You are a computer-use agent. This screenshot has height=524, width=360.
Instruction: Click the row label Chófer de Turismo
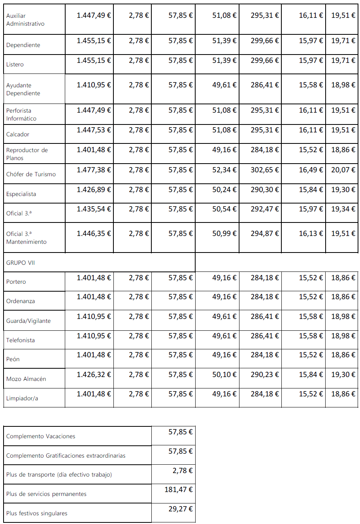[31, 174]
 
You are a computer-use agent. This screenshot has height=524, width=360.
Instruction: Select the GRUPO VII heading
[21, 263]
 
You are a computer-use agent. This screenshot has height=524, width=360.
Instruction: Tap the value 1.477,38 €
[94, 170]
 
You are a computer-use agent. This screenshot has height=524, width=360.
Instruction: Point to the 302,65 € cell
[264, 170]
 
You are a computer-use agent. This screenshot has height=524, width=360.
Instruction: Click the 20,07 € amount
[343, 170]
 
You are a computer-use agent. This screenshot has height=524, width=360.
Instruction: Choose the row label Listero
[15, 64]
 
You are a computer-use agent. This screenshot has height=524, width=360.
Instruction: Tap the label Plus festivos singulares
[37, 513]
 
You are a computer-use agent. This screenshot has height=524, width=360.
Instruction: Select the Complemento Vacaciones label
[41, 436]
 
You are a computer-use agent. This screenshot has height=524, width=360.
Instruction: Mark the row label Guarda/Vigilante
[28, 321]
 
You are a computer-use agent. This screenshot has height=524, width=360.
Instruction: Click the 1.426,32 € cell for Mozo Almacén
[94, 375]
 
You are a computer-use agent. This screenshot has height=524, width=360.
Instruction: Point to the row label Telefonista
[21, 340]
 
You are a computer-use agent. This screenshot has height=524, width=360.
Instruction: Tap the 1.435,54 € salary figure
[94, 209]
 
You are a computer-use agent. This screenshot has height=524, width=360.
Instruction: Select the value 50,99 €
[224, 234]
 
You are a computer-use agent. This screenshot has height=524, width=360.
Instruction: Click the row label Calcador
[18, 134]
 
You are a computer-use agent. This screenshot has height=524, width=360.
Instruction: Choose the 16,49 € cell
[311, 170]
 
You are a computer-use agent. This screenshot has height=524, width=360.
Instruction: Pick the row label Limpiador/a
[22, 398]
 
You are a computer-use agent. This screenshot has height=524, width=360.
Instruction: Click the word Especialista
[21, 194]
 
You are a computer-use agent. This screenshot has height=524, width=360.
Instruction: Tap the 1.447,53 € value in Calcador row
[94, 130]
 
